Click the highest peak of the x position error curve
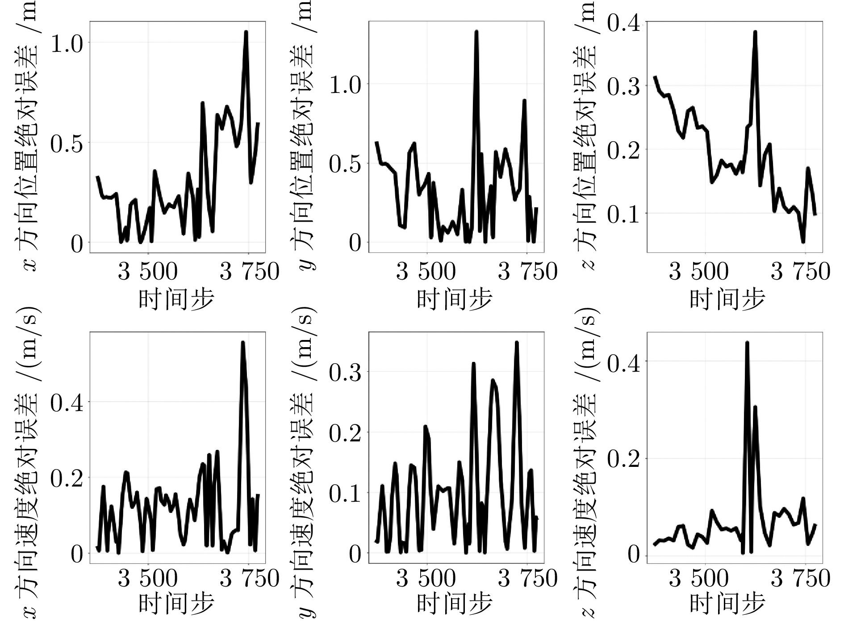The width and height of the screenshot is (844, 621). click(x=246, y=32)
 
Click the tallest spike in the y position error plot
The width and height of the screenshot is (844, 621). click(x=476, y=32)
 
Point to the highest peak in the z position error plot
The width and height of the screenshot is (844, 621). click(x=755, y=32)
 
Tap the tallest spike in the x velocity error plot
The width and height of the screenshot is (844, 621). click(x=243, y=343)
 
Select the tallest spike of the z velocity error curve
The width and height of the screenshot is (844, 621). click(x=747, y=343)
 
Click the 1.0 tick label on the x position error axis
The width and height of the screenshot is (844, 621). click(x=67, y=43)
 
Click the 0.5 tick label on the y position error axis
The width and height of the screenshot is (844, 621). click(x=345, y=164)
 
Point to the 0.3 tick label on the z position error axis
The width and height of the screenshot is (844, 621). click(x=623, y=86)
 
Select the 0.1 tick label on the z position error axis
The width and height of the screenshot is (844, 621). click(x=623, y=214)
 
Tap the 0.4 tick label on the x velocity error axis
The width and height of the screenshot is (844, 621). click(x=67, y=403)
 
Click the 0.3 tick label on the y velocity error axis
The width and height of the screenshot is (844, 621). click(x=345, y=372)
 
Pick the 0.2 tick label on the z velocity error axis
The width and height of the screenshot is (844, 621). click(x=623, y=459)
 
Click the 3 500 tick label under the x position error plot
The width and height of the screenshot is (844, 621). click(x=147, y=272)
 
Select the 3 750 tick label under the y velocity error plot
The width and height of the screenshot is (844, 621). click(x=527, y=579)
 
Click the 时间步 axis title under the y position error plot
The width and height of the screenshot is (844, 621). click(x=455, y=299)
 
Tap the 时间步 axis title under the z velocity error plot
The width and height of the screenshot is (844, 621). click(x=727, y=603)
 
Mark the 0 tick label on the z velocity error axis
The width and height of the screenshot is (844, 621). click(x=633, y=555)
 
